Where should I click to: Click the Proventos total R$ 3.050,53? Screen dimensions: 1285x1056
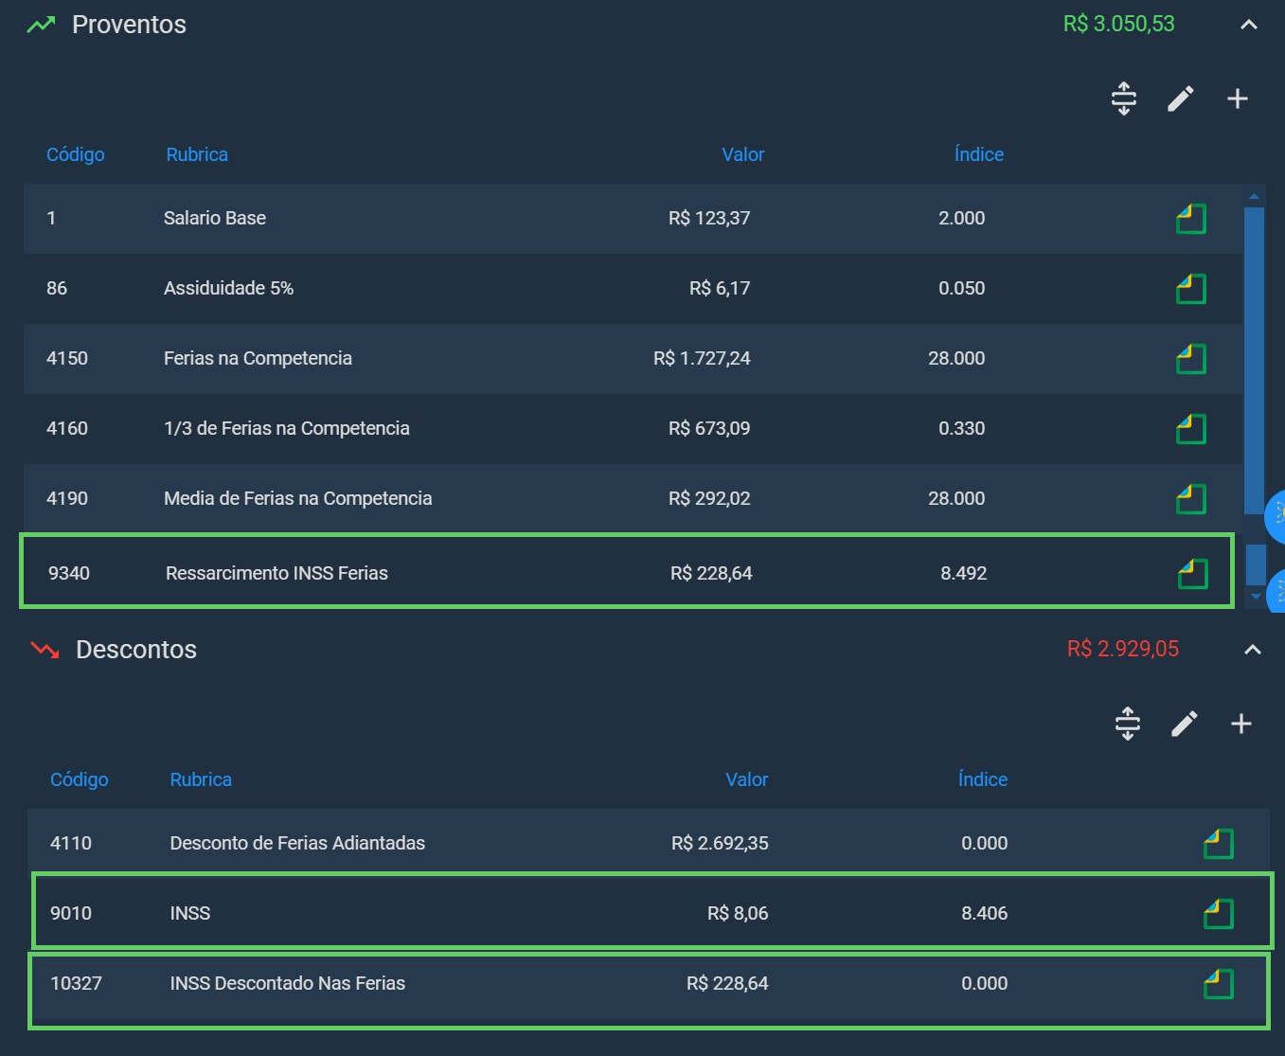click(x=1118, y=25)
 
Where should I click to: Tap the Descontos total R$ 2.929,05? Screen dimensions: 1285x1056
click(x=1123, y=649)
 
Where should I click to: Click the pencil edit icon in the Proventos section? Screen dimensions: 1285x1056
click(x=1180, y=98)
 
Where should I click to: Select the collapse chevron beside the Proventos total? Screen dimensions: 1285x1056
click(x=1248, y=25)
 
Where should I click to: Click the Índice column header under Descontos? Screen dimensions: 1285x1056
click(x=983, y=779)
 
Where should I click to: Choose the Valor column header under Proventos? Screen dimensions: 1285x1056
click(x=742, y=154)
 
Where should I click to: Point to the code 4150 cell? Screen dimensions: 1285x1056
click(x=67, y=358)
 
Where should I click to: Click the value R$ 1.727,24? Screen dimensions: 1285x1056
click(x=702, y=358)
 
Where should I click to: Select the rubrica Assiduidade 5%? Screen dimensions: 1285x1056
click(x=228, y=288)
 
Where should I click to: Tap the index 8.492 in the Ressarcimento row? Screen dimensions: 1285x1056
click(x=963, y=573)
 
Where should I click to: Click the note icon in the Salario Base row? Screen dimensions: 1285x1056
click(x=1190, y=219)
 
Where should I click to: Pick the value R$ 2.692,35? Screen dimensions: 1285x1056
click(x=720, y=843)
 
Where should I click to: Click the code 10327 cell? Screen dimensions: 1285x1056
click(x=76, y=983)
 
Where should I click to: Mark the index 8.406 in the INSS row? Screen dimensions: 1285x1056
click(x=984, y=913)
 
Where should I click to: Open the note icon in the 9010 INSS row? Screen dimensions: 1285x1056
click(x=1219, y=914)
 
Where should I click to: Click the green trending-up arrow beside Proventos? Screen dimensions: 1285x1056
click(x=41, y=25)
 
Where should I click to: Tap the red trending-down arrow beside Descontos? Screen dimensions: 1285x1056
click(x=45, y=651)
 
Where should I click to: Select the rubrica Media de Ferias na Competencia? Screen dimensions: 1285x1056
click(x=298, y=498)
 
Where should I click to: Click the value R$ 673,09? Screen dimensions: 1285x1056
click(x=709, y=428)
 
